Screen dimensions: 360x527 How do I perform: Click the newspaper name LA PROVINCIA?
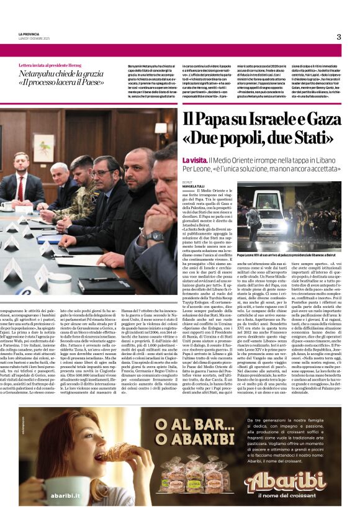(29, 34)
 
